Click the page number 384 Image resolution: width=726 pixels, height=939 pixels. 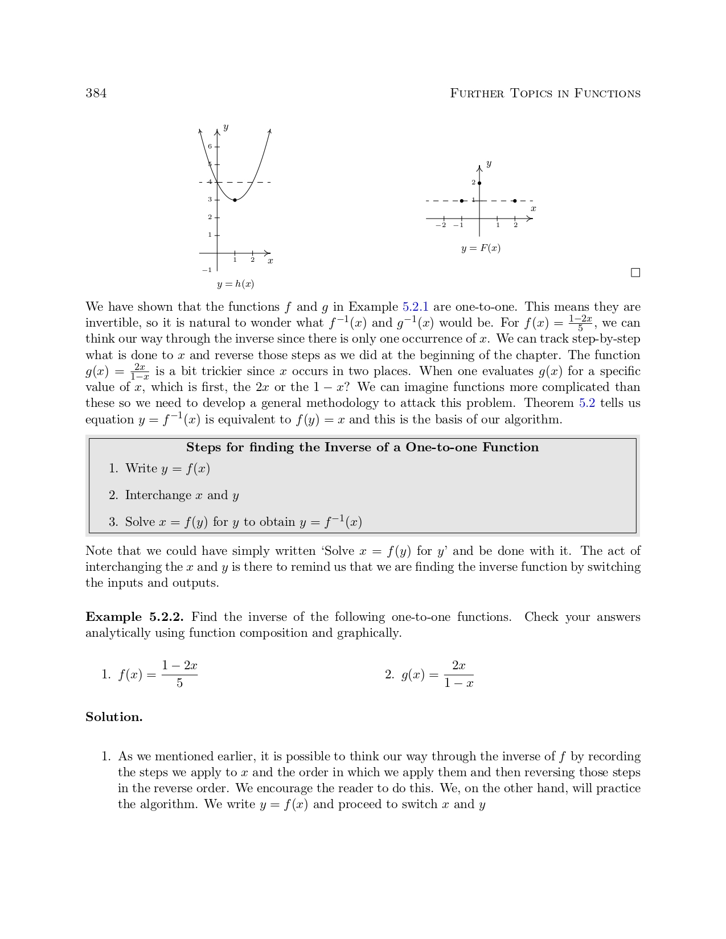point(96,93)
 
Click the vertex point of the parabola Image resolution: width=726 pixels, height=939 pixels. point(235,200)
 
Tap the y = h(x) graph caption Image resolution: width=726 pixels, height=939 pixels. point(235,284)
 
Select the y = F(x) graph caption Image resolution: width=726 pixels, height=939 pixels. point(481,248)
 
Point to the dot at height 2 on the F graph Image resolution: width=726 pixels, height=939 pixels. point(479,183)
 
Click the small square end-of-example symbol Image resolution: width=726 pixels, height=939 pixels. point(635,273)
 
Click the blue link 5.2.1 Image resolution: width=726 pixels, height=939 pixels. point(415,307)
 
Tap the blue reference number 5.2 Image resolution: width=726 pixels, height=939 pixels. point(586,403)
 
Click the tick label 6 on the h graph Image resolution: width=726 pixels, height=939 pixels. point(210,146)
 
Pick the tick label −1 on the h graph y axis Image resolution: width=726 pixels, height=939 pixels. point(206,270)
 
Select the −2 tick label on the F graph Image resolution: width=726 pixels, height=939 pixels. point(440,225)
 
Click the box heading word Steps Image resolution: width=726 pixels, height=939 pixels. point(203,447)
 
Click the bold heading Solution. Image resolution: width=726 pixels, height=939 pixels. point(114,717)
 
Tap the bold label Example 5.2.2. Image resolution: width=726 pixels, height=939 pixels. point(134,617)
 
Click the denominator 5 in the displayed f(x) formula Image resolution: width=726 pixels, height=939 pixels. point(179,683)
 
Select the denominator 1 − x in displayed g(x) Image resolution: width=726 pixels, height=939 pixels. point(458,683)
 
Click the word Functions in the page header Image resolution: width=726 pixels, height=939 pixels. point(607,93)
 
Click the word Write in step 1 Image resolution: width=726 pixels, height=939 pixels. point(141,468)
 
